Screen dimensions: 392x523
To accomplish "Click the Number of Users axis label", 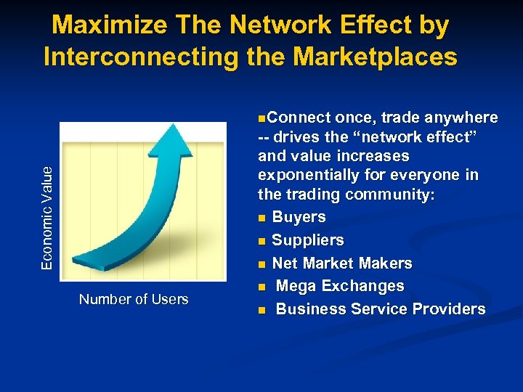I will coord(134,299).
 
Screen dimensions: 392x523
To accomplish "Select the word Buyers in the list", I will coord(299,216).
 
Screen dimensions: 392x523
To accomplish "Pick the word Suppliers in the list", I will coord(307,240).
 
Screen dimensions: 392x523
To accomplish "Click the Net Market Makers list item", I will coord(341,263).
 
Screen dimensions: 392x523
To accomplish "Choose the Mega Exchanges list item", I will coord(340,286).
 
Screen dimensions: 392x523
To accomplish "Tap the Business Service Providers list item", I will coord(381,309).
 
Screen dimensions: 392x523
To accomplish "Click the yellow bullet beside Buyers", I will coord(261,218).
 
